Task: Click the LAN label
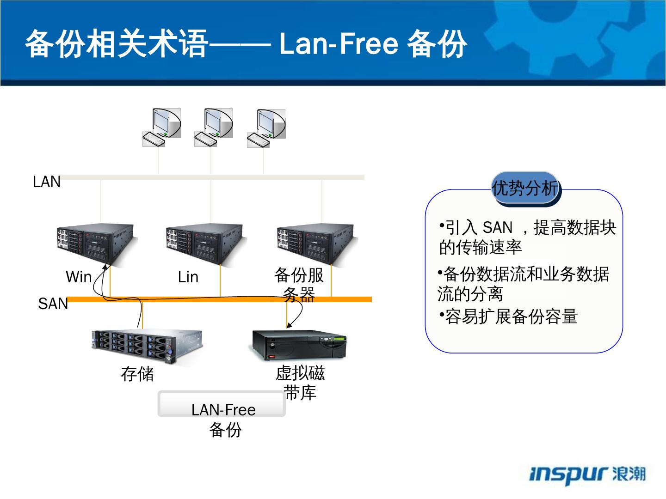[x=47, y=182]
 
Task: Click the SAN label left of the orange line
[x=53, y=304]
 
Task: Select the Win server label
[x=79, y=277]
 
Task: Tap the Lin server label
[x=188, y=277]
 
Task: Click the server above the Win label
[x=97, y=244]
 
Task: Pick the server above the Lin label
[x=205, y=244]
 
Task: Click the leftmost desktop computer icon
[x=161, y=127]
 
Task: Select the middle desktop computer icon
[x=213, y=127]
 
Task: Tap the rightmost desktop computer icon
[x=266, y=127]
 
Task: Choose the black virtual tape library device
[x=300, y=345]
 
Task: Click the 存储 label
[x=137, y=374]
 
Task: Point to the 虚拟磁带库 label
[x=300, y=383]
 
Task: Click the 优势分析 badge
[x=525, y=188]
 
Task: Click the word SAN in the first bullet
[x=498, y=228]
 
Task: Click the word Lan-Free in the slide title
[x=339, y=44]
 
